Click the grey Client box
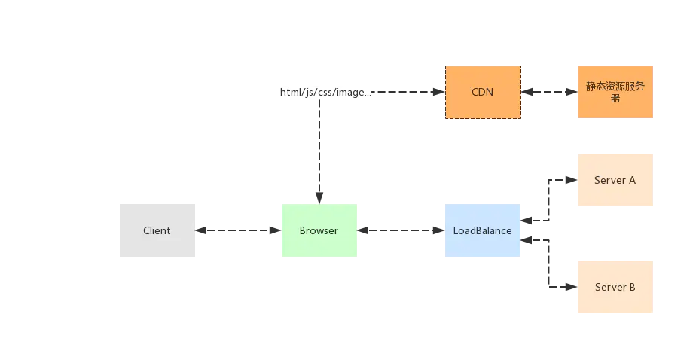tap(157, 230)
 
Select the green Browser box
tap(319, 230)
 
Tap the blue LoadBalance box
tap(483, 230)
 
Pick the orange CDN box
tap(484, 92)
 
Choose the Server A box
tap(615, 180)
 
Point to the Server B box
tap(615, 287)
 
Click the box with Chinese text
tap(615, 92)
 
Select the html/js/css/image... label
tap(325, 92)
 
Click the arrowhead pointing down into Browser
tap(319, 198)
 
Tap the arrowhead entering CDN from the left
tap(439, 92)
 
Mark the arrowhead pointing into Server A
tap(572, 180)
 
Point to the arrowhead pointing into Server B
tap(572, 287)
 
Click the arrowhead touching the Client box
tap(201, 230)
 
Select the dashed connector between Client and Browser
tap(239, 230)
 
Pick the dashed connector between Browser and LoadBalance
tap(401, 230)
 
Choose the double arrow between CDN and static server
tap(549, 92)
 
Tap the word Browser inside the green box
tap(319, 230)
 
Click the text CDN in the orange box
tap(482, 92)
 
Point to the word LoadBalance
tap(482, 230)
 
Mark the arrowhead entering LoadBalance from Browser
tap(439, 230)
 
